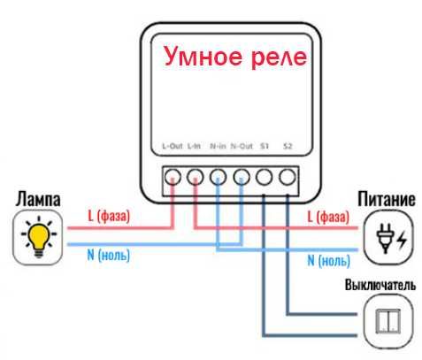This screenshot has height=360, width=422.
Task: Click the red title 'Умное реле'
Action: point(234,57)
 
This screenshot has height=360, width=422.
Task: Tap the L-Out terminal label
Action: point(172,147)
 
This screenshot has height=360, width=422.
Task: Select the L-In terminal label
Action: point(195,147)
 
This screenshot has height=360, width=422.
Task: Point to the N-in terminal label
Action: point(218,147)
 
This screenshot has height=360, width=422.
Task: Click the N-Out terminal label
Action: point(242,147)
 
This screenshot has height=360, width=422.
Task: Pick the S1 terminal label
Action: point(265,147)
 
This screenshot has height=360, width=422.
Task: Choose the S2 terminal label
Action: point(288,147)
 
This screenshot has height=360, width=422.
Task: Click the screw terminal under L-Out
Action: point(173,177)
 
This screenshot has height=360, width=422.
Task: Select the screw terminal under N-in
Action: point(219,177)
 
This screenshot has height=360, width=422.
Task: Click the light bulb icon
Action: point(39,238)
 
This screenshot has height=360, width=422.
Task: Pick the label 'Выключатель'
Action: point(378,286)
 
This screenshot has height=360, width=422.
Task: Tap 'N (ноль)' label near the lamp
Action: point(109,257)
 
